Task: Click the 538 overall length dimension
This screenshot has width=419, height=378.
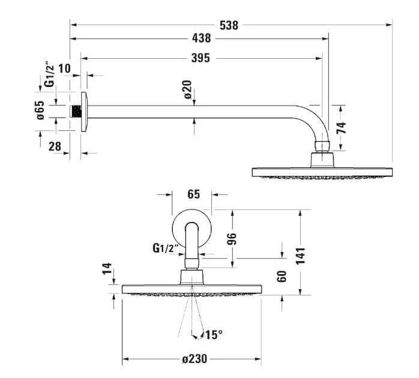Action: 229,25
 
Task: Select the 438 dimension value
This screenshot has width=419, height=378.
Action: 201,38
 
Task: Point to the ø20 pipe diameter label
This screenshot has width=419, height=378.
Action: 187,91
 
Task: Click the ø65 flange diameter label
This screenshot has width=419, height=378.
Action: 40,111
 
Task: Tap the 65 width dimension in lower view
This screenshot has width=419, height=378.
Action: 193,194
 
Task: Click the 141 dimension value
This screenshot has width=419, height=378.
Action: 300,254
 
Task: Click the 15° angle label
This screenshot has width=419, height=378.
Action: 213,334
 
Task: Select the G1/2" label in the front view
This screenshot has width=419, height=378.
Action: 165,247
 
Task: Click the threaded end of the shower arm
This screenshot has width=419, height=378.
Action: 76,112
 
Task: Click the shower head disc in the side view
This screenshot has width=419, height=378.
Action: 322,172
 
